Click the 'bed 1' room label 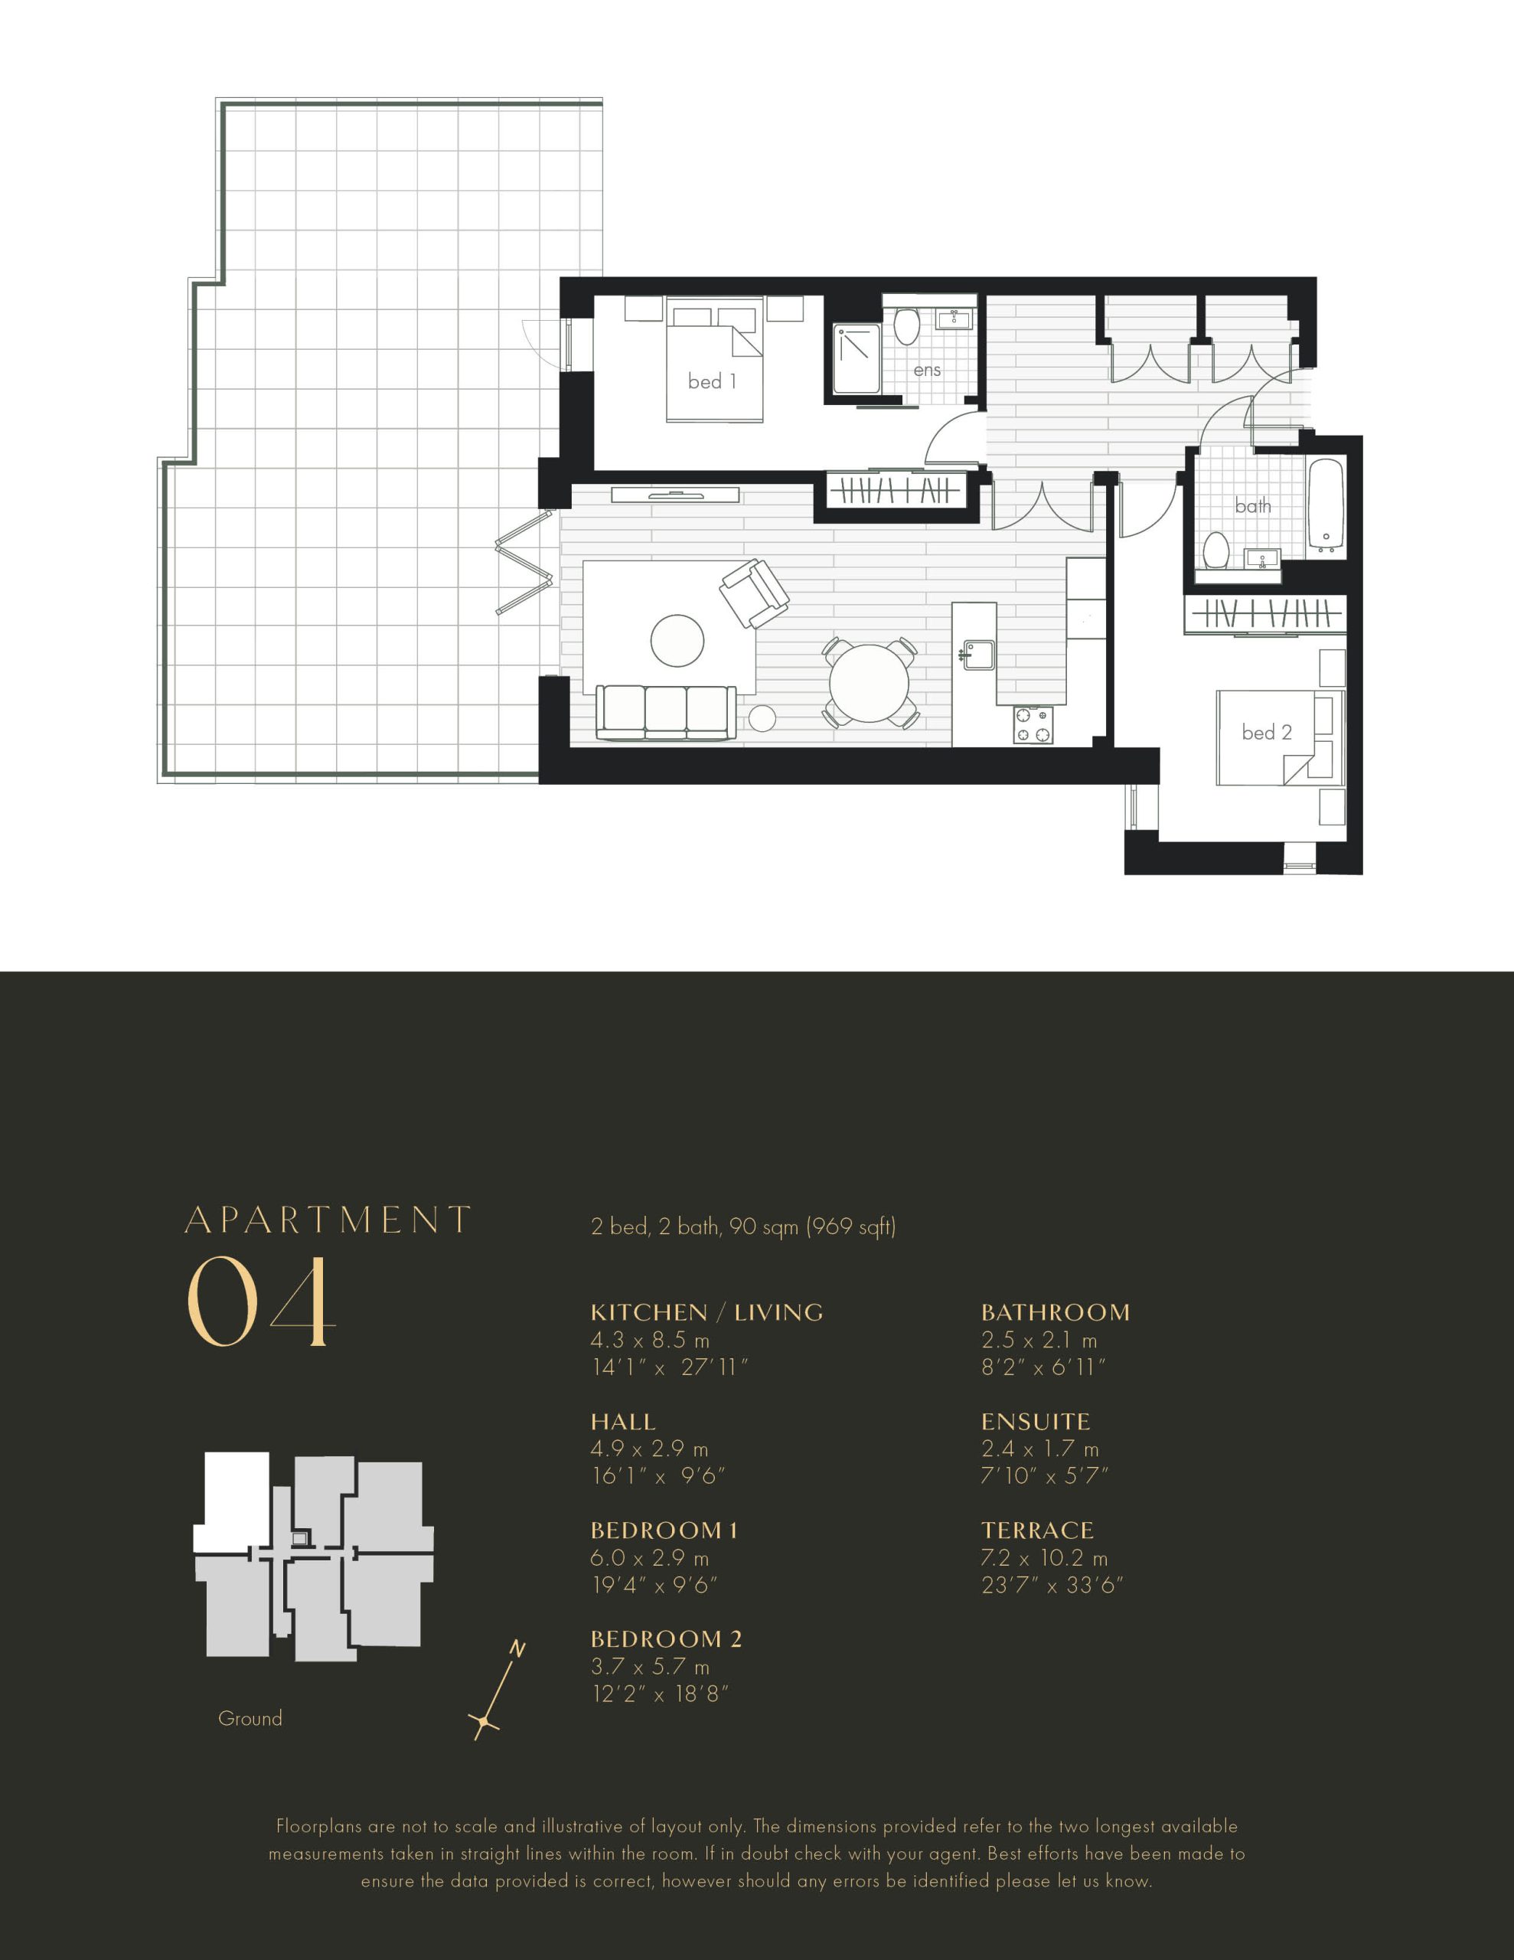coord(712,381)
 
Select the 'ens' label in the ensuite coord(927,370)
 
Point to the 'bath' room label coord(1253,506)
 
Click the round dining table coord(869,683)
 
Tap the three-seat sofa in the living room coord(666,714)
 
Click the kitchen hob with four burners coord(1033,726)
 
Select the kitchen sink coord(978,655)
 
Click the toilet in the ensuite coord(906,328)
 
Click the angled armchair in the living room coord(754,593)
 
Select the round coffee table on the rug coord(677,641)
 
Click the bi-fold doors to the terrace coord(524,563)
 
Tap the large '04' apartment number coord(261,1302)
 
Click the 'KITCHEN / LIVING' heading coord(706,1312)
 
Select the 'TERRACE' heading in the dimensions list coord(1037,1530)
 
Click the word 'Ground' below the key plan coord(250,1719)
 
